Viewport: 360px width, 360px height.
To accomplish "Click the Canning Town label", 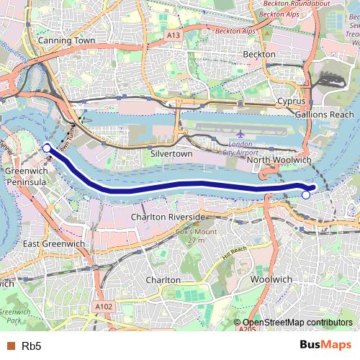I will (x=66, y=40).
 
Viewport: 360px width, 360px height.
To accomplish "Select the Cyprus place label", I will (x=291, y=102).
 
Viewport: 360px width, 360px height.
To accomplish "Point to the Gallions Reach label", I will (x=322, y=114).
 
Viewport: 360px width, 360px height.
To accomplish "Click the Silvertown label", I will (x=171, y=154).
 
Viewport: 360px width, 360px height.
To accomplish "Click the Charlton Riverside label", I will (x=168, y=217).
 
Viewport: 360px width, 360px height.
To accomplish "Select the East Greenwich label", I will (x=53, y=244).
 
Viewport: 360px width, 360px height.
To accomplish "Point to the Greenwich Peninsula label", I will (x=26, y=177).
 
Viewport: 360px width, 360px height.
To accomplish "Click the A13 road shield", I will (x=173, y=35).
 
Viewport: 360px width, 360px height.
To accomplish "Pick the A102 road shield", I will (x=104, y=306).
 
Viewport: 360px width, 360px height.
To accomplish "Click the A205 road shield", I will (x=247, y=330).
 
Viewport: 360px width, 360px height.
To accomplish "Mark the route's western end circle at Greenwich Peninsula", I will (x=47, y=148).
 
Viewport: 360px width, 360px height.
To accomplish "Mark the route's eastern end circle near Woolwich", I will (x=306, y=194).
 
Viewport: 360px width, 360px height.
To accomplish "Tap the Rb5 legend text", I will (x=31, y=346).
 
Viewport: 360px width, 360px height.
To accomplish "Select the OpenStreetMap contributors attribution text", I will (x=293, y=323).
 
